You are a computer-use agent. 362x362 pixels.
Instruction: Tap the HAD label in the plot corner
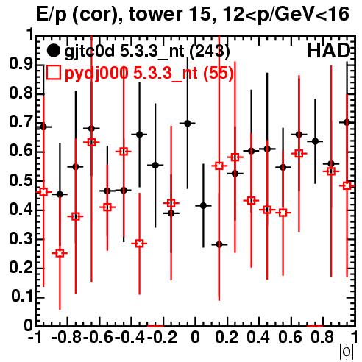(x=328, y=51)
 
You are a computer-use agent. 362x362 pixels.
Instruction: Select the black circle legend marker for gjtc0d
(x=53, y=51)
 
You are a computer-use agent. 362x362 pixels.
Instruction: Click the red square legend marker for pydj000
(x=53, y=72)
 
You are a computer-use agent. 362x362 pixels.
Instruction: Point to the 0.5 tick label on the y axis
(x=21, y=181)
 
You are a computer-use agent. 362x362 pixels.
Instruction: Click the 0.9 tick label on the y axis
(x=21, y=64)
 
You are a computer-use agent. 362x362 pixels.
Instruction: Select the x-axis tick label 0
(x=195, y=337)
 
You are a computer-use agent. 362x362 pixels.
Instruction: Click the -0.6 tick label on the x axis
(x=98, y=337)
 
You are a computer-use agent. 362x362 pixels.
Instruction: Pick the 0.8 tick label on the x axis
(x=322, y=337)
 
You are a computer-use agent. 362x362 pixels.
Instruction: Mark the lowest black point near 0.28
(x=219, y=244)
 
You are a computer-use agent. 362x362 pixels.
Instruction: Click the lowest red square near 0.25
(x=60, y=253)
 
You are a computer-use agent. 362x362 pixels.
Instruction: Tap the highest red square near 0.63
(x=91, y=142)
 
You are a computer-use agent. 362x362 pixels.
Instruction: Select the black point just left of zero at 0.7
(x=188, y=124)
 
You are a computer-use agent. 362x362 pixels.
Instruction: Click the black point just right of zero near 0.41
(x=203, y=206)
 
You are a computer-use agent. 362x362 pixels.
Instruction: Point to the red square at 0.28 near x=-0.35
(x=139, y=244)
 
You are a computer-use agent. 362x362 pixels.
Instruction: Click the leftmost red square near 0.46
(x=43, y=191)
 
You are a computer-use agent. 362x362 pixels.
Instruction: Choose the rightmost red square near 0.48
(x=347, y=185)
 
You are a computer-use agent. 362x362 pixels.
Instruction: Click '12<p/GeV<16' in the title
(x=284, y=14)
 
